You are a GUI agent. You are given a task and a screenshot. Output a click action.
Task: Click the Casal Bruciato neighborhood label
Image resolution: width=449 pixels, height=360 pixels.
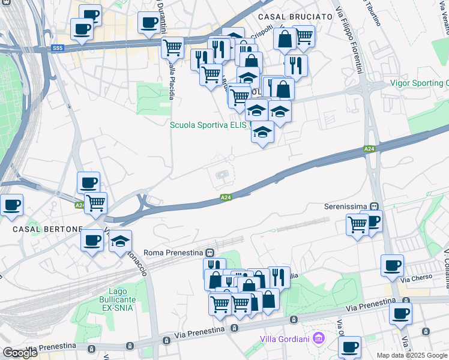(294, 17)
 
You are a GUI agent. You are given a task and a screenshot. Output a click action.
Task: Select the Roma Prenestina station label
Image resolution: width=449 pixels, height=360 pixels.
(175, 253)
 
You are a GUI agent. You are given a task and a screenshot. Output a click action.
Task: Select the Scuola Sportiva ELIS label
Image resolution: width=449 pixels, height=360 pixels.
(208, 125)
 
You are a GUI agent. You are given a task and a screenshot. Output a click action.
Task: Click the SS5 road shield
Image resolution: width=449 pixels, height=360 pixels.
(58, 47)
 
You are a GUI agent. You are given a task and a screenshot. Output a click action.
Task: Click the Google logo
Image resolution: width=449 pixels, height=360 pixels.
(20, 353)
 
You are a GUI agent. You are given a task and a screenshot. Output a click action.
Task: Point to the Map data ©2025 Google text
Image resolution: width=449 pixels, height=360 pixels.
(412, 355)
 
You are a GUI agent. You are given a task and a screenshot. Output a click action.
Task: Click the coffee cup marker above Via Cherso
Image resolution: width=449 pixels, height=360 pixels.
(392, 265)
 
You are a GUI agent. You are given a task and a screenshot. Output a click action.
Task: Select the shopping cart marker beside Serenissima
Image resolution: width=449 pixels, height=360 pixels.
(358, 225)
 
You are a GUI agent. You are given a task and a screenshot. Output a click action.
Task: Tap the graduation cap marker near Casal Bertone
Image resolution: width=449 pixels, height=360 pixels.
(120, 241)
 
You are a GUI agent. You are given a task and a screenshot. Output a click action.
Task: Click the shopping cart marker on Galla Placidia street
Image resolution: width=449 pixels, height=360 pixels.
(173, 46)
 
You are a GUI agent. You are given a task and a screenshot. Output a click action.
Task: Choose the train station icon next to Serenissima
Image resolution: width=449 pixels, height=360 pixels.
(374, 205)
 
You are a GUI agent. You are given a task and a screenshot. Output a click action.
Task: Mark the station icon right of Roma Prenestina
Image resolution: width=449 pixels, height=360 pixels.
(210, 253)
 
